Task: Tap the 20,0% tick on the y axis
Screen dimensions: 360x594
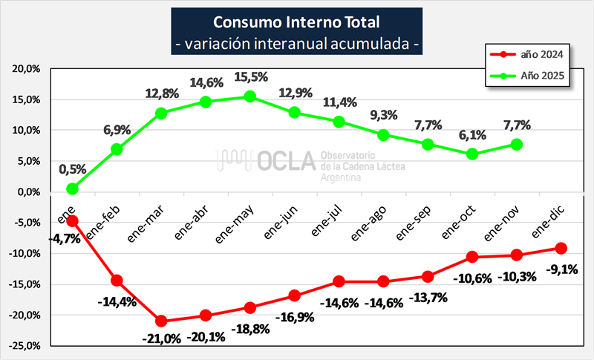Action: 26,68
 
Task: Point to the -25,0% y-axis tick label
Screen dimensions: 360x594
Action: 25,346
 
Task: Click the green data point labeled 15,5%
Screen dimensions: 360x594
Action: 250,96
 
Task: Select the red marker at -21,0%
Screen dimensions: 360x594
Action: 161,321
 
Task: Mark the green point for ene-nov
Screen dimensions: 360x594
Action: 517,144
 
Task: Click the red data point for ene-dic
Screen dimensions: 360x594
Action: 561,248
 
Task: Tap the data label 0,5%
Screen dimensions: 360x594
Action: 72,169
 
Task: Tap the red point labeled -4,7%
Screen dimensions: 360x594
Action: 72,220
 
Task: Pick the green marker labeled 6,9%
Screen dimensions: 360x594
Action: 117,149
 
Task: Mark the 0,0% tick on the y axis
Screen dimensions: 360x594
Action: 27,192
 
